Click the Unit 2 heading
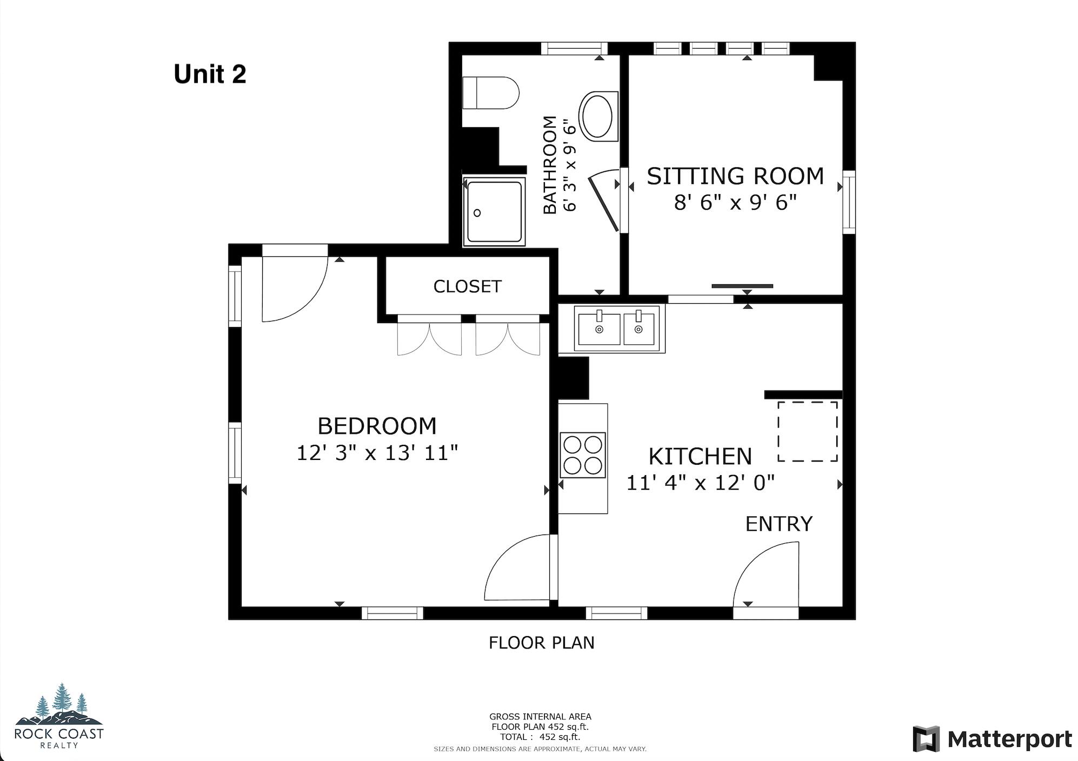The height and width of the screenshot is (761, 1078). [210, 74]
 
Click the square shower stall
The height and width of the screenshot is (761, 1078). [494, 211]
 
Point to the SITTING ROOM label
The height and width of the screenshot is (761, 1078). [735, 176]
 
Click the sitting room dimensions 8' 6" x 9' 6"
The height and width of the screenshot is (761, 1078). [735, 203]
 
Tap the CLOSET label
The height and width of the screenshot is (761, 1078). [467, 286]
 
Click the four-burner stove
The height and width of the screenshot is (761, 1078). [583, 455]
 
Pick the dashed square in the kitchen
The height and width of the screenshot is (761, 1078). [807, 431]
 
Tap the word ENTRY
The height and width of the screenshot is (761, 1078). [778, 524]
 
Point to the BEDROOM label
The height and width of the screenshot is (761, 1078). [377, 426]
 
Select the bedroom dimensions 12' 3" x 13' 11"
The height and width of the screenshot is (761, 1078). [377, 453]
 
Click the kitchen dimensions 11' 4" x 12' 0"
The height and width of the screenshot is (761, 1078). [700, 482]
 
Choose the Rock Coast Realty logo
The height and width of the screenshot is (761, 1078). [59, 716]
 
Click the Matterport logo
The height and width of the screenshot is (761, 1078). [993, 739]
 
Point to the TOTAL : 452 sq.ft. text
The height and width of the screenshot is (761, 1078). [540, 737]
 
